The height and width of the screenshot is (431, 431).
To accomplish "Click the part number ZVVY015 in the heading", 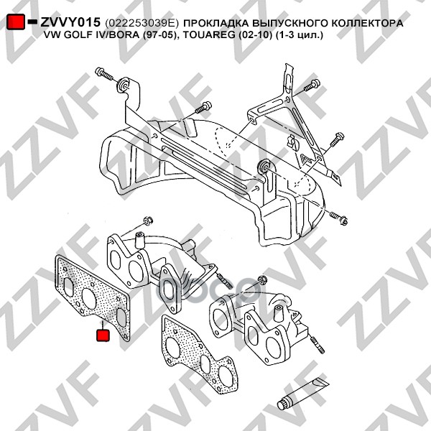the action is pos(70,22).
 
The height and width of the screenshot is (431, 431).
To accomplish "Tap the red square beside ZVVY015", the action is pos(16,22).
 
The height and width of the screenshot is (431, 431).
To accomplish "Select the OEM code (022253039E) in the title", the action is pos(142,23).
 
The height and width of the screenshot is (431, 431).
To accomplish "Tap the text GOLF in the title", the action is pos(74,35).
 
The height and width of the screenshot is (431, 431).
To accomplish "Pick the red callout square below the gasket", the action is pos(103,335).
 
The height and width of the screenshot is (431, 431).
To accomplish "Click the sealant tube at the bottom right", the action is pos(302,394).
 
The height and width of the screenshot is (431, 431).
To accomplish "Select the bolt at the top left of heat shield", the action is pos(104,73).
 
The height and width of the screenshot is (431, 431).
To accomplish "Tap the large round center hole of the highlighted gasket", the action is pos(90,299).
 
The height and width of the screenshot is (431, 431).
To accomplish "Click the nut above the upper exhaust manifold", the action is pos(148,221).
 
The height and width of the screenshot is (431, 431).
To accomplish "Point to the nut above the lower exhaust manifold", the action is pos(261,280).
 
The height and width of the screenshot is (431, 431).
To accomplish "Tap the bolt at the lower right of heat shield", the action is pos(339,218).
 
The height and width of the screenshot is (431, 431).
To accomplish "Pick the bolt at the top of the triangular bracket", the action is pos(312,85).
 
